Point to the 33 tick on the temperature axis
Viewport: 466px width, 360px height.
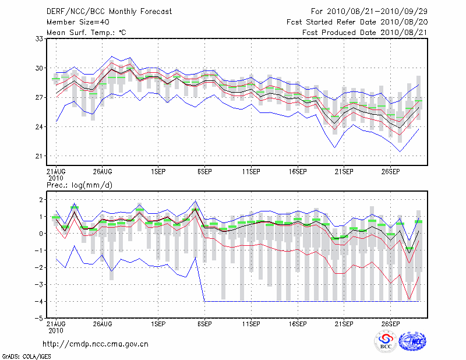tap(40, 38)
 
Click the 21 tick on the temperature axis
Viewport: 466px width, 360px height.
tap(40, 156)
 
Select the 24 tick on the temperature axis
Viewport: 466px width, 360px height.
tap(40, 127)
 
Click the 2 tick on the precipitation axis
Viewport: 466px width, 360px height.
tap(41, 200)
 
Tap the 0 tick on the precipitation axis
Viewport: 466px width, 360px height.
tap(41, 234)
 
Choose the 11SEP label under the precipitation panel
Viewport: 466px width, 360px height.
tap(251, 323)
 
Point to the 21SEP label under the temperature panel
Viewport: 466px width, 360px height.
tap(344, 172)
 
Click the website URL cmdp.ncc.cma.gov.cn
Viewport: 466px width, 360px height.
tap(96, 344)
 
